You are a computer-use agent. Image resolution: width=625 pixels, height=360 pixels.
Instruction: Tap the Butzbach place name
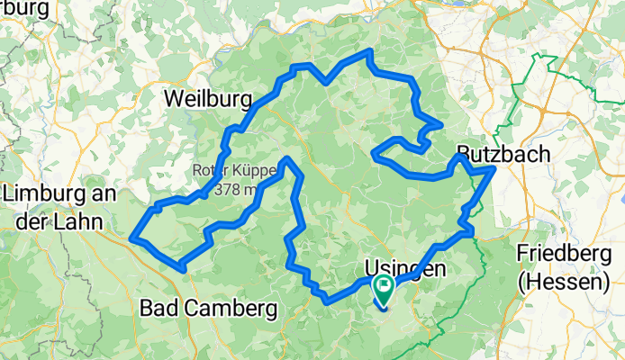[503, 154]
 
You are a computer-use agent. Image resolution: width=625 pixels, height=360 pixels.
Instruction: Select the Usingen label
[405, 267]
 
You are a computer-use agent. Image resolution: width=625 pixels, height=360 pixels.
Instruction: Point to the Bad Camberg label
[209, 309]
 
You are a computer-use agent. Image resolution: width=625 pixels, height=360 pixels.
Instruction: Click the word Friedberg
[564, 256]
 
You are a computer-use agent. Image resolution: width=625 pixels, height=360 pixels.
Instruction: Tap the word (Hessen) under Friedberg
[564, 282]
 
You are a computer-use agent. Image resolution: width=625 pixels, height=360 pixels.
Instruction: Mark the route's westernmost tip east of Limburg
[133, 238]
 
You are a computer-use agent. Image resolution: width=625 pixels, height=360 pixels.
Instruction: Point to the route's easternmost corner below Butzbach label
[494, 169]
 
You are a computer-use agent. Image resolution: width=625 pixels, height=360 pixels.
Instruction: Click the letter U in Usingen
[372, 267]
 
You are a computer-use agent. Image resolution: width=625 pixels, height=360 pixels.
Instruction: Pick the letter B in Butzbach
[464, 154]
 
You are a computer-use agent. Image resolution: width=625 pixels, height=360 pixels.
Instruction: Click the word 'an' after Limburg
[108, 194]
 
